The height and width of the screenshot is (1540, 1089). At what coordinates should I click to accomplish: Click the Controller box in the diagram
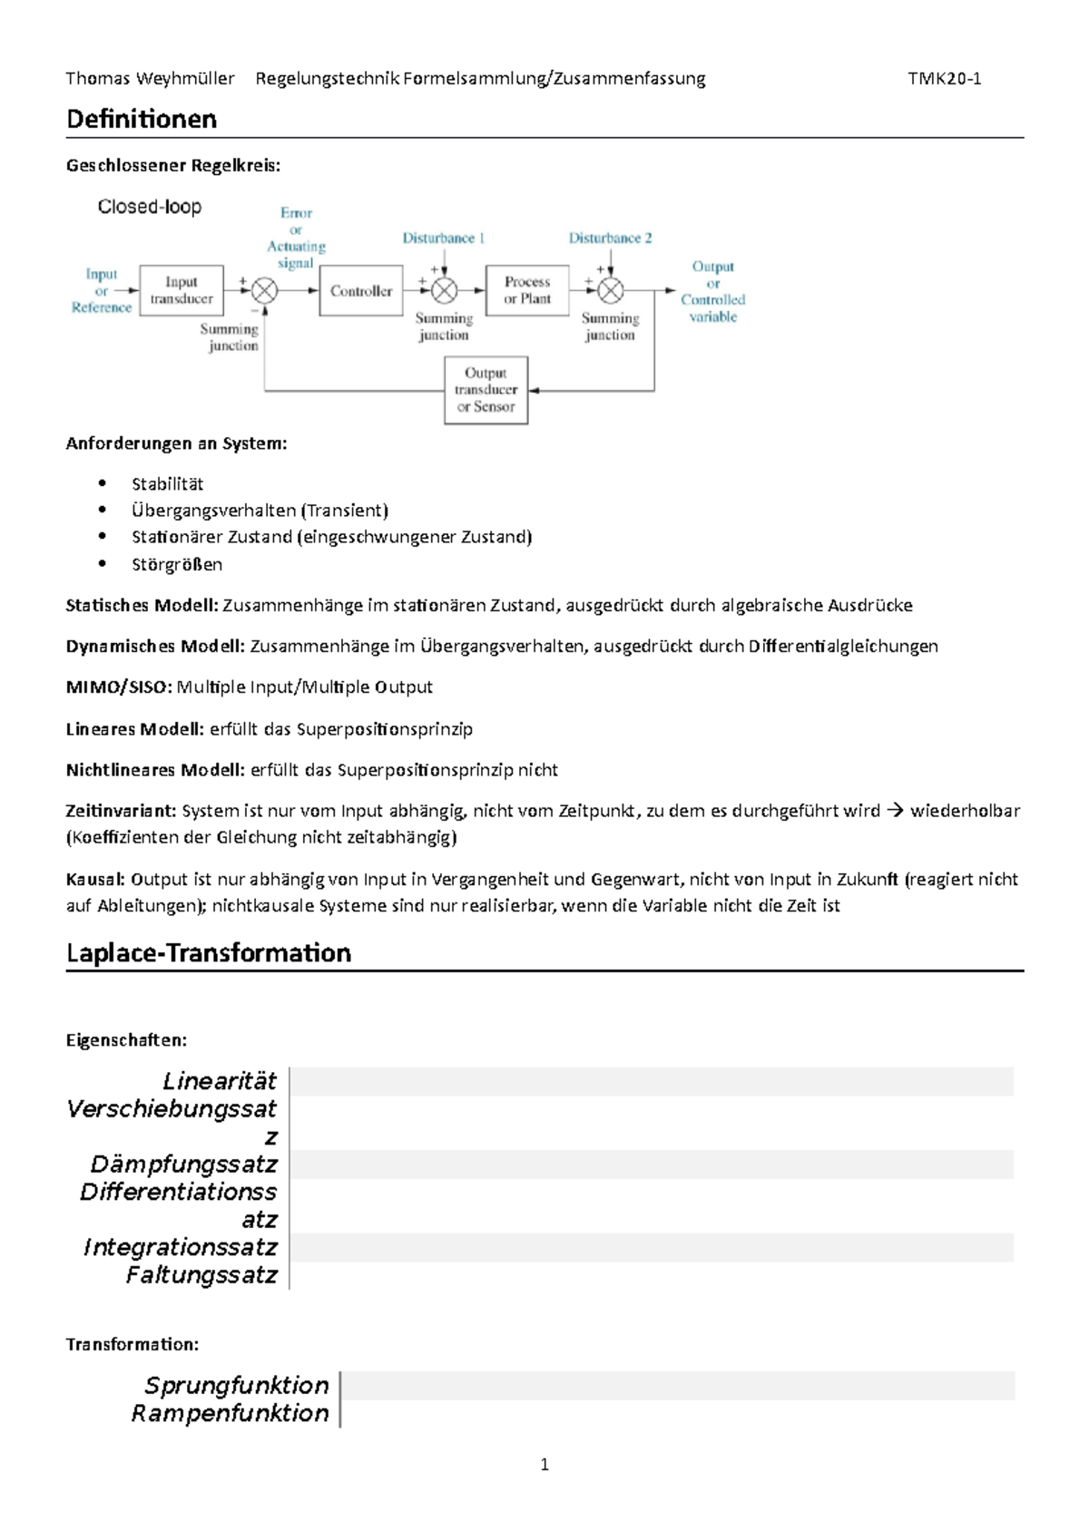coord(360,290)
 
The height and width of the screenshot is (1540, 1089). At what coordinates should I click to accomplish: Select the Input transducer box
coord(181,290)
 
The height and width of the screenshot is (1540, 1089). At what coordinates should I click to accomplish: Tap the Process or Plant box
coord(527,290)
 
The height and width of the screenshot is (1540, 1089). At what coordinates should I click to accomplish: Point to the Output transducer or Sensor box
coord(486,390)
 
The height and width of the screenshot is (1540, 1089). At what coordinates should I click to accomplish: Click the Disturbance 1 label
coord(444,238)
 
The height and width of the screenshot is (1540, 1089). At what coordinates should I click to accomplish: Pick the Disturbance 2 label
coord(610,238)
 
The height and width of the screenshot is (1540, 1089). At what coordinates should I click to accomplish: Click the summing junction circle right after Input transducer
coord(265,290)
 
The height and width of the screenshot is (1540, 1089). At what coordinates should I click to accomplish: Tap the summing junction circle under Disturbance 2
coord(611,290)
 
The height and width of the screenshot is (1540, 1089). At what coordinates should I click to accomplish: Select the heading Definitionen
coord(142,119)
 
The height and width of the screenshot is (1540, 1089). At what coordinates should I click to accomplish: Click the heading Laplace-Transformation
coord(209,952)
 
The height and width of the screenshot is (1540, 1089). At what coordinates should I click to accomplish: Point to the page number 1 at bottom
coord(544,1464)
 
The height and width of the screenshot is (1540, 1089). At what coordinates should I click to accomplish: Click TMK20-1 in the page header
coord(944,78)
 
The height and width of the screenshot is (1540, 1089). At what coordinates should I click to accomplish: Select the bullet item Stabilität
coord(167,483)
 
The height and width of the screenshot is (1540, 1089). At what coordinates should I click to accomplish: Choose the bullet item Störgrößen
coord(176,564)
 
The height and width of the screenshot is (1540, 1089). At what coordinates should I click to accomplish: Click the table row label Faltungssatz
coord(201,1274)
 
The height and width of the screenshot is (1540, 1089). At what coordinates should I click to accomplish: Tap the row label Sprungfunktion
coord(236,1385)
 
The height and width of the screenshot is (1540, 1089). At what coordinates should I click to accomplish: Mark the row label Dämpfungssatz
coord(183,1164)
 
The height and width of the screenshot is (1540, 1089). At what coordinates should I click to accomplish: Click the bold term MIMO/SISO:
coord(118,687)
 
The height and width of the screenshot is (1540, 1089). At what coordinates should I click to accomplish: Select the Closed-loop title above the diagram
coord(150,207)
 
